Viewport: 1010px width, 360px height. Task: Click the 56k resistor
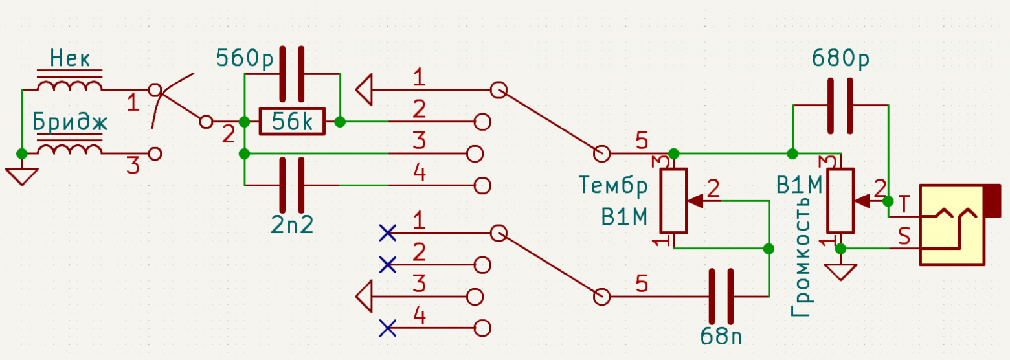pos(292,121)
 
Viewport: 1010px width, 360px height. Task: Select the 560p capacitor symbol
pos(292,74)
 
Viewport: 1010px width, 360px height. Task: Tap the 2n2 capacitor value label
pos(292,224)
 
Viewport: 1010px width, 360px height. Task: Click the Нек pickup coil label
pos(70,59)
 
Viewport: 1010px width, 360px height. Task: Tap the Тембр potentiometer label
pos(613,186)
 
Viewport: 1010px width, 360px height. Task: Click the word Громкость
pos(802,257)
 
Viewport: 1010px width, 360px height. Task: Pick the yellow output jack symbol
pos(959,224)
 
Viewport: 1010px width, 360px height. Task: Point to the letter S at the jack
pos(904,236)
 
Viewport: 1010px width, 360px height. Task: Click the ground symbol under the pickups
pos(21,177)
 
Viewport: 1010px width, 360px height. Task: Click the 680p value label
pos(840,59)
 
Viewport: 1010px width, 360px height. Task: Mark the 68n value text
pos(721,336)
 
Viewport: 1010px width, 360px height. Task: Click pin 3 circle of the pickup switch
pos(155,154)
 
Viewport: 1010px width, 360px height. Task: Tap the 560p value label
pos(244,58)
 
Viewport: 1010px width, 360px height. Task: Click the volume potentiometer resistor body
pos(840,201)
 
